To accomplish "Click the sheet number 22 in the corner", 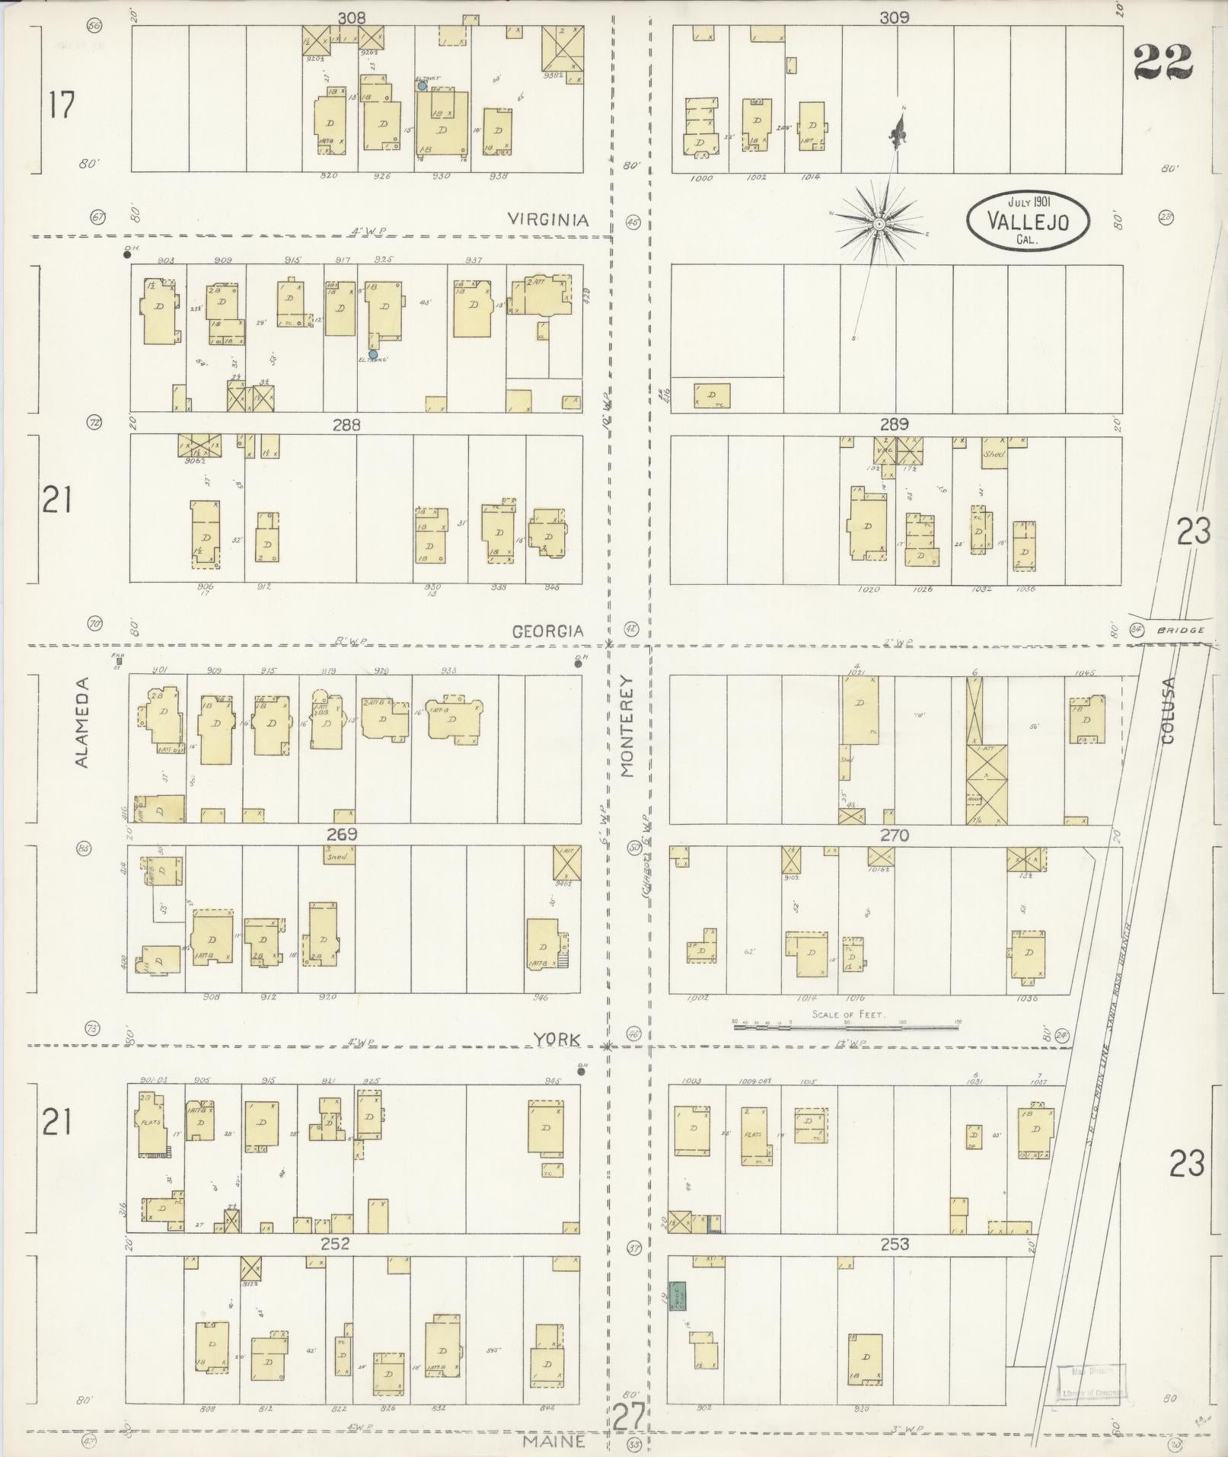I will pos(1163,62).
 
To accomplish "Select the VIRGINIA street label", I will pos(548,220).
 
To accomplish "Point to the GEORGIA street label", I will pos(547,631).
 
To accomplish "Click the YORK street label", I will pos(557,1039).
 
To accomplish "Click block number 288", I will pos(346,425).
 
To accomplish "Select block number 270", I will pos(895,836).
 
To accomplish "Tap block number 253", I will pos(895,1245).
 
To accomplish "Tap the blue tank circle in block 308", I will pos(422,86).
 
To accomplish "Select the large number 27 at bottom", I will pos(629,1418).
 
